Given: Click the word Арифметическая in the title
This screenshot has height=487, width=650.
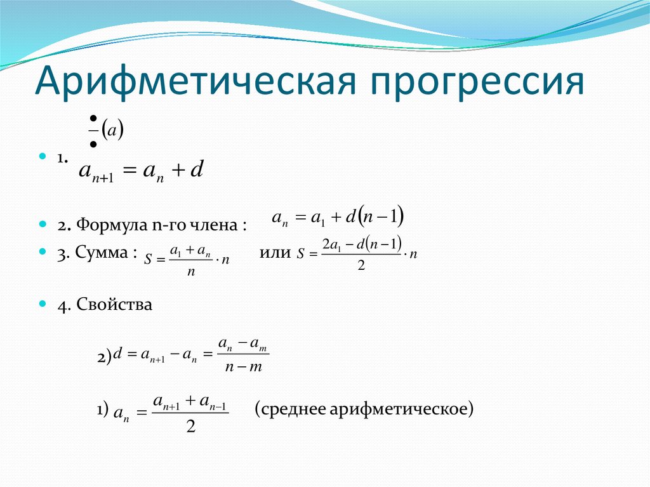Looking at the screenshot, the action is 196,81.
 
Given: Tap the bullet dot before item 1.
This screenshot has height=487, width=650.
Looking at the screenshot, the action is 43,156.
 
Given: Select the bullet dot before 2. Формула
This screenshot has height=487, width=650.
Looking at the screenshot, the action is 43,224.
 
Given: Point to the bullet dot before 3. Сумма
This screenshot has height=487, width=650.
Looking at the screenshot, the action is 43,251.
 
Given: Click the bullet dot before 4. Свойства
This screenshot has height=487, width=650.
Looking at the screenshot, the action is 43,304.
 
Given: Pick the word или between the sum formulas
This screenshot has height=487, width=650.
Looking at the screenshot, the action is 275,253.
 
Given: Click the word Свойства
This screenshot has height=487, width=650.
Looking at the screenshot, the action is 114,304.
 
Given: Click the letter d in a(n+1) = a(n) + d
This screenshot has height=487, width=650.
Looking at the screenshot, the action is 197,169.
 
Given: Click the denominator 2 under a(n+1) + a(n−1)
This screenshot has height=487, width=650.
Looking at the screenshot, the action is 190,426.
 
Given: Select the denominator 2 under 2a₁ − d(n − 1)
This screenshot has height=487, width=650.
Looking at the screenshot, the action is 361,265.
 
